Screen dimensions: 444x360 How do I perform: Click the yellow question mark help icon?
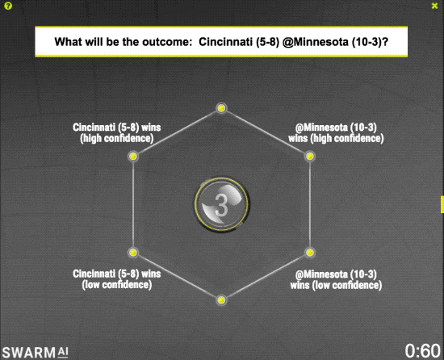(8, 6)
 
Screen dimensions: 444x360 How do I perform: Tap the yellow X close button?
(434, 6)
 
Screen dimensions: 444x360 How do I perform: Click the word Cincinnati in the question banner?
(225, 42)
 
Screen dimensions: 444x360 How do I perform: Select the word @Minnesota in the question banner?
(315, 42)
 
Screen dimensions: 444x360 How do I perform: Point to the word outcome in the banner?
(167, 42)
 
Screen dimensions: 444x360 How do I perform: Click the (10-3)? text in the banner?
(370, 42)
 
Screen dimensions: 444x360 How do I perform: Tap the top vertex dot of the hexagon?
(221, 108)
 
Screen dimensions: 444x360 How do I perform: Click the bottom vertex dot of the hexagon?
(221, 300)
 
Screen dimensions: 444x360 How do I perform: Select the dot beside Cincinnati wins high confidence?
(133, 156)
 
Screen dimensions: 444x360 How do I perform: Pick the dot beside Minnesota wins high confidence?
(310, 156)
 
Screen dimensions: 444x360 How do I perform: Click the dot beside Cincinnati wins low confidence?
(133, 252)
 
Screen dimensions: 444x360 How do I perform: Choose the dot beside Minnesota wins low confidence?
(310, 252)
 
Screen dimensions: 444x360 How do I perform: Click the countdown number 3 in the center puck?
(221, 205)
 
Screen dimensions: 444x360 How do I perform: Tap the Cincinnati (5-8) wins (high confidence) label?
(117, 132)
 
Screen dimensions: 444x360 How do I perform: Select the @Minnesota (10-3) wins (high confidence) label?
(336, 132)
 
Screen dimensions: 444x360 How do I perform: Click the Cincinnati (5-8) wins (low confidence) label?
(117, 279)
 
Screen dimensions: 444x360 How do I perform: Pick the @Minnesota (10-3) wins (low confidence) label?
(336, 279)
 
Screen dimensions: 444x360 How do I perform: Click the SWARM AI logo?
(35, 353)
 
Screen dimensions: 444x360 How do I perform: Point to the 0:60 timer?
(422, 351)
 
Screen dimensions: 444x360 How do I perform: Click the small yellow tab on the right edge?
(442, 204)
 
